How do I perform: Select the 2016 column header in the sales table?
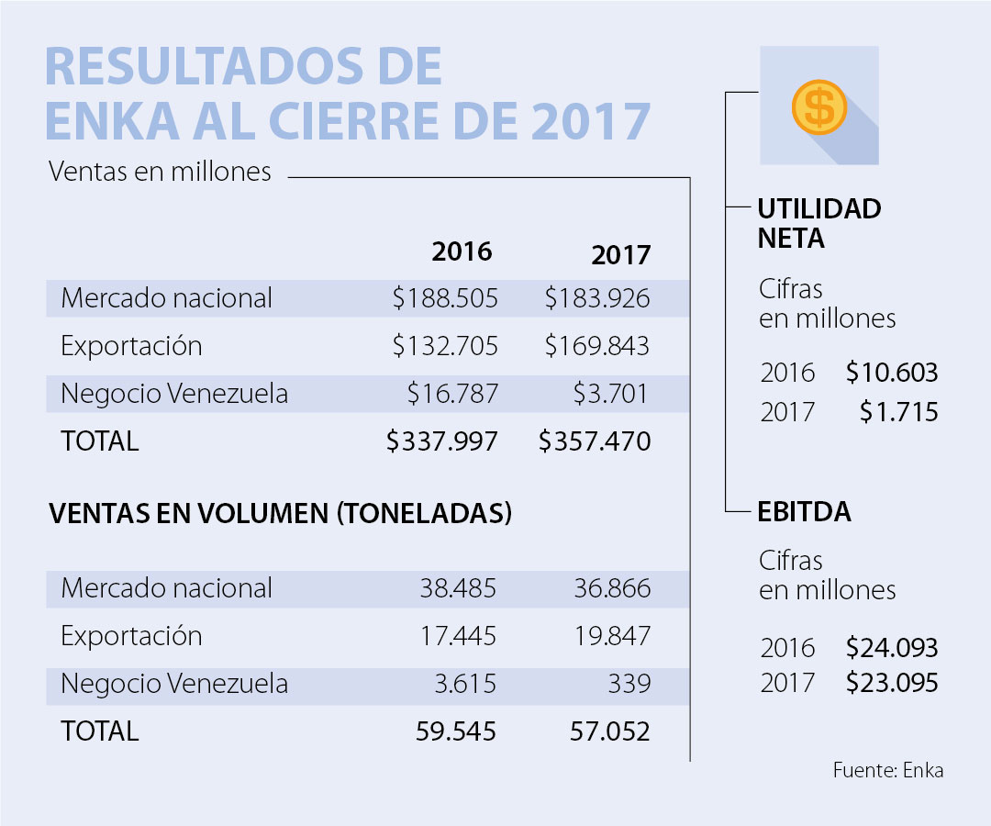coord(462,251)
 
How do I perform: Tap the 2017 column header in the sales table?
coord(620,254)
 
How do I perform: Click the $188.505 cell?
coord(445,298)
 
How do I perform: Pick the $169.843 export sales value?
coord(596,346)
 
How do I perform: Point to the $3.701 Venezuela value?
coord(611,394)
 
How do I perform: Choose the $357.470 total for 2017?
coord(595,441)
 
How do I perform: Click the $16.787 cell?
coord(453,394)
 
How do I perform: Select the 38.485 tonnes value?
coord(458,588)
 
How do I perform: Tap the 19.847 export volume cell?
coord(612,636)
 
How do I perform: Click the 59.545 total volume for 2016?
coord(457,731)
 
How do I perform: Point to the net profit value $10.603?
coord(892,373)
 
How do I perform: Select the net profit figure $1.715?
coord(899,412)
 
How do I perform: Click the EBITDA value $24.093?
coord(892,648)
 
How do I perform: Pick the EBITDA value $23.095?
coord(892,684)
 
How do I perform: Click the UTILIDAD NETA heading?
coord(818,223)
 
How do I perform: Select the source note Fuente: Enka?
coord(887,770)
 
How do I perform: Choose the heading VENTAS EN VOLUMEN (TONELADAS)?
coord(280,514)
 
